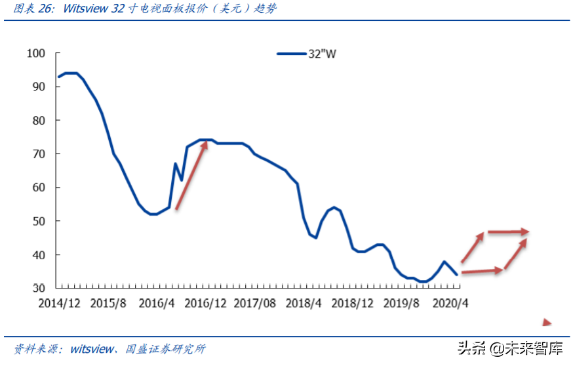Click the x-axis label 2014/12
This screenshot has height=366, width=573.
(60, 303)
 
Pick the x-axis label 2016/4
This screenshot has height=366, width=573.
(156, 303)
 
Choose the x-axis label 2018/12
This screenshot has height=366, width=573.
(353, 303)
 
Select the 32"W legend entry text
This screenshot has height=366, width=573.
(322, 54)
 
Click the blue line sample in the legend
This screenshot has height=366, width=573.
(290, 54)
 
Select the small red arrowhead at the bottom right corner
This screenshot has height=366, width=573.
(547, 322)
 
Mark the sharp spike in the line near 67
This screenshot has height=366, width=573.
(175, 164)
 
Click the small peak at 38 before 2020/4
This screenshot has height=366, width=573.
(444, 262)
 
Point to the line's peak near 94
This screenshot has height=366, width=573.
(70, 73)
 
